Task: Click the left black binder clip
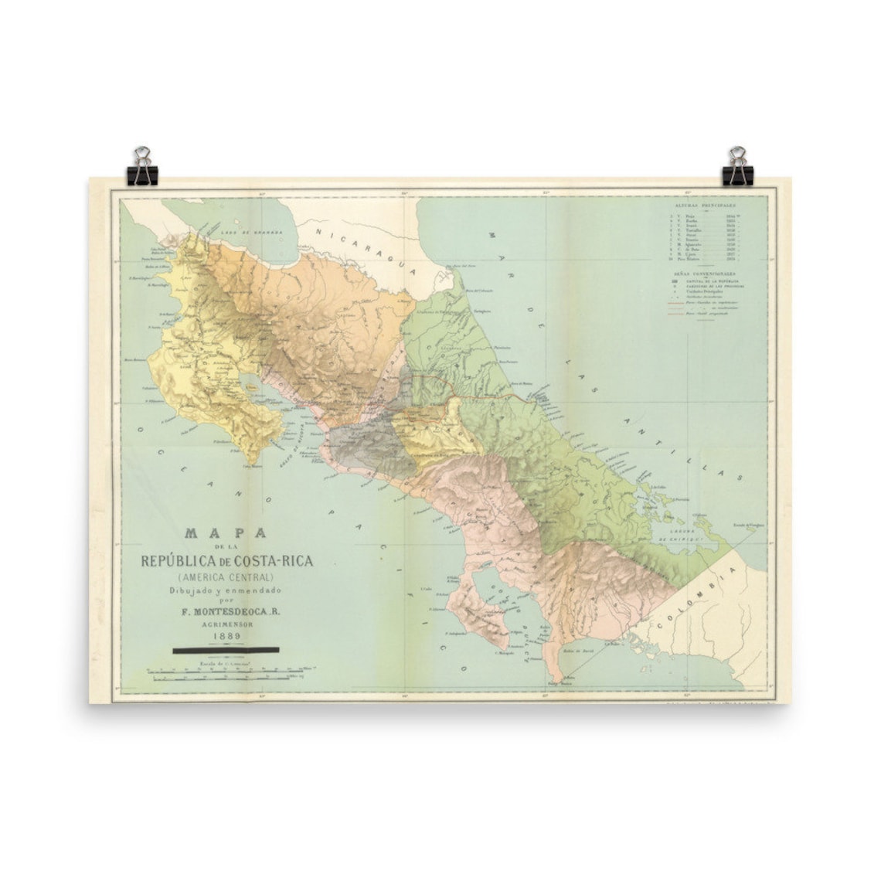tap(142, 165)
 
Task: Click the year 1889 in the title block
tap(223, 636)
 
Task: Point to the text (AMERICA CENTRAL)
tap(224, 577)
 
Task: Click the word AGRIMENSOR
tap(223, 625)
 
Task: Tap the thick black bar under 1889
tap(226, 651)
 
